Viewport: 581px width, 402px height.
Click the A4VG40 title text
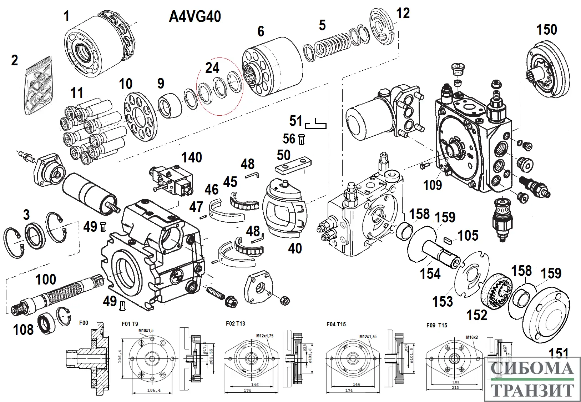click(x=194, y=17)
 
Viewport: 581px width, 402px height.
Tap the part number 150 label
click(x=547, y=30)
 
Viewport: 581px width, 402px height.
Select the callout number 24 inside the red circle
click(x=212, y=68)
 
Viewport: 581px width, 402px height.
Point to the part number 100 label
click(x=46, y=280)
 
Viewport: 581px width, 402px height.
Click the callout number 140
click(x=192, y=157)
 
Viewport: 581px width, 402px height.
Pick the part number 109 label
click(x=433, y=185)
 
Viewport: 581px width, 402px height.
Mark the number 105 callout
click(x=468, y=236)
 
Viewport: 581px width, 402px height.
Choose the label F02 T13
click(x=235, y=324)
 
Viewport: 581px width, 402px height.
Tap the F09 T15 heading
click(x=436, y=326)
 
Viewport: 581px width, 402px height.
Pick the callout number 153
click(x=443, y=301)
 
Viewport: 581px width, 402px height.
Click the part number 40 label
click(x=295, y=248)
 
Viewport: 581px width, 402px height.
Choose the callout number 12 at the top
click(x=403, y=14)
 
